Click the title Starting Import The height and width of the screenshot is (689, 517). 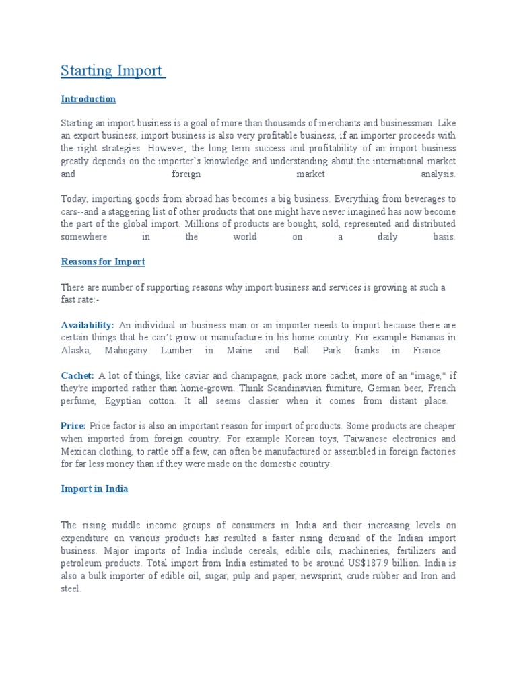click(x=113, y=70)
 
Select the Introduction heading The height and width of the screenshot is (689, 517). click(x=88, y=99)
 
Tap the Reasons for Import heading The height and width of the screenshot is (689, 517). click(x=103, y=261)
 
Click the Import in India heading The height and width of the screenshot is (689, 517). click(x=94, y=489)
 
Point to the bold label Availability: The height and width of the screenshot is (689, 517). click(x=88, y=325)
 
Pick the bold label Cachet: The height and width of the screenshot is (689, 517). click(x=77, y=375)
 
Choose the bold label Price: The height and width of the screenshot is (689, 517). click(x=73, y=426)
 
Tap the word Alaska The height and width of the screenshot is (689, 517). click(x=75, y=351)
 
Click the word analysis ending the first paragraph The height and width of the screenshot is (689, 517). click(x=438, y=174)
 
